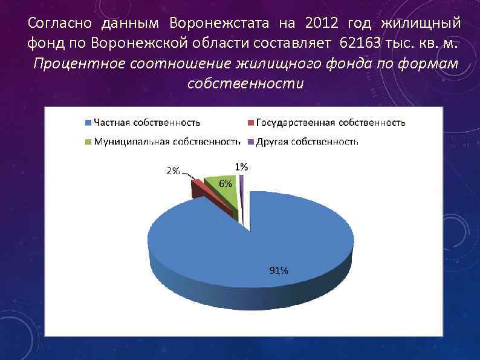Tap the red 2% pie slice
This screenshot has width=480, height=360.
pos(198,183)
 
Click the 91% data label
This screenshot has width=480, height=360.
pos(279,270)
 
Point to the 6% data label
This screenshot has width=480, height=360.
pos(225,184)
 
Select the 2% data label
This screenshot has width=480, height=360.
pos(173,171)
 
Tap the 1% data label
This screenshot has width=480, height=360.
pos(241,166)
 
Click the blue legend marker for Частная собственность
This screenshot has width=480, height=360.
pos(88,123)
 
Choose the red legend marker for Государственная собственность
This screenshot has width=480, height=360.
pos(251,123)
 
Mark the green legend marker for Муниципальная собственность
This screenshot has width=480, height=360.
pos(88,142)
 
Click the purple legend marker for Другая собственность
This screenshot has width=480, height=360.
pos(251,142)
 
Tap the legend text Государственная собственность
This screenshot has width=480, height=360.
pos(331,123)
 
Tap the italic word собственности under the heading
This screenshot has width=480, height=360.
pos(245,83)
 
